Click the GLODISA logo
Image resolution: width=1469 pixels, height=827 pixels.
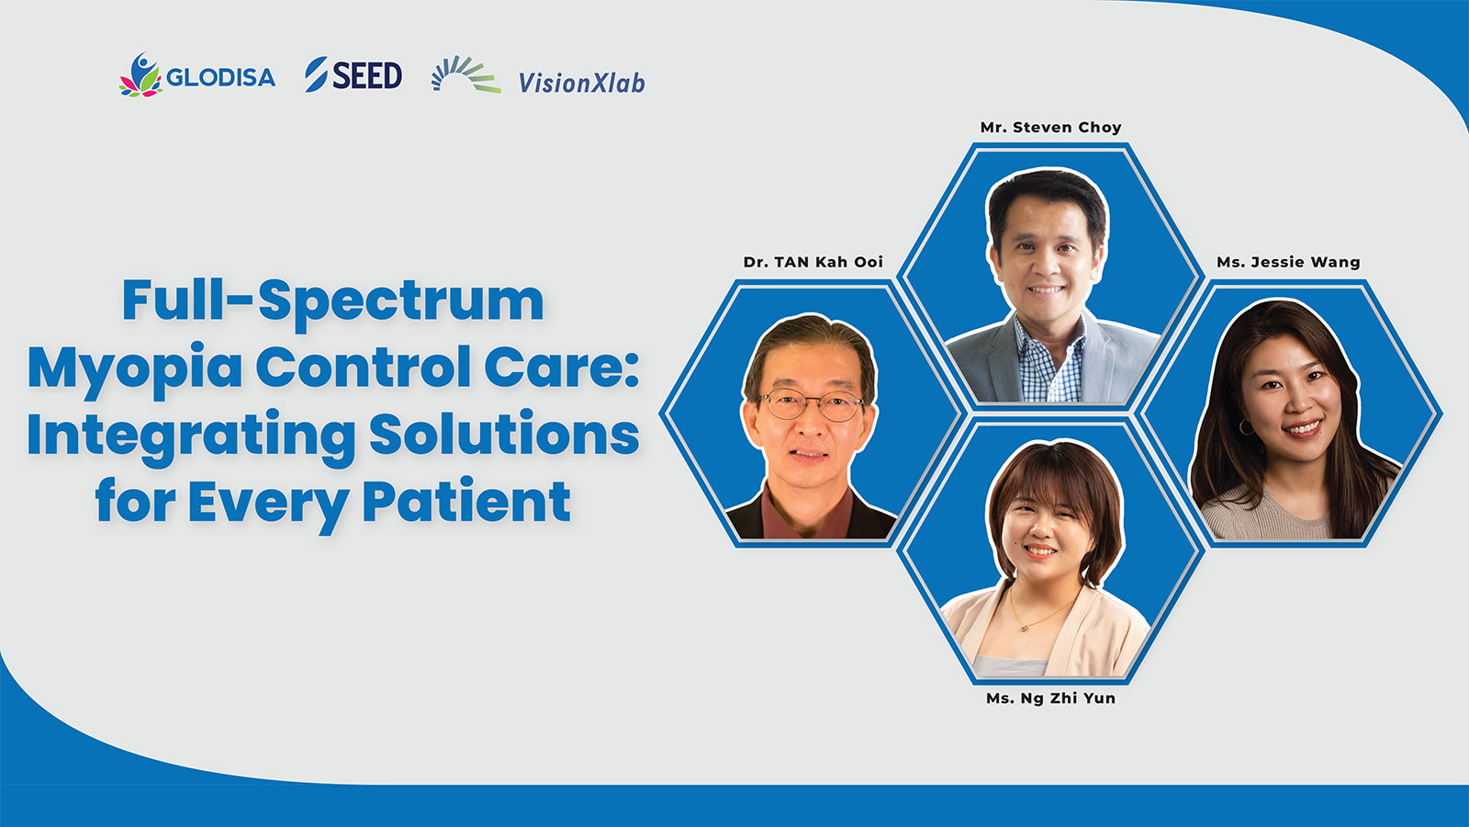(197, 75)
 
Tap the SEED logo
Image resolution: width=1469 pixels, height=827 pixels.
(353, 74)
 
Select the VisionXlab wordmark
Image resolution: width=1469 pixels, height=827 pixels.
(582, 83)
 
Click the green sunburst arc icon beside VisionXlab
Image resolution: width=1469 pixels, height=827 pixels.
(465, 74)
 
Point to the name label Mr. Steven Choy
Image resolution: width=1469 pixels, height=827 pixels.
(1050, 128)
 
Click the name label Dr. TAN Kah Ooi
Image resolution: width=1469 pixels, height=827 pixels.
(813, 262)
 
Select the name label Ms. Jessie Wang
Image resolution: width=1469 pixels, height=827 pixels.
(1288, 262)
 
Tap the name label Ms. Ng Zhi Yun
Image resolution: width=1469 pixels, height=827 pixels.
(1050, 698)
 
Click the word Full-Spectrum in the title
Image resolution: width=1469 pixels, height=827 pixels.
(333, 301)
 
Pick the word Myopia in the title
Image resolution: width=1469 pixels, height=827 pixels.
(135, 368)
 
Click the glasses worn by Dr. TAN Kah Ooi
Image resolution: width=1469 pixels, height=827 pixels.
(812, 404)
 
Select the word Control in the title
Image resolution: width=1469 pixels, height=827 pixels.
(364, 367)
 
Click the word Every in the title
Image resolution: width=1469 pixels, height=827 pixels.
(268, 503)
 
